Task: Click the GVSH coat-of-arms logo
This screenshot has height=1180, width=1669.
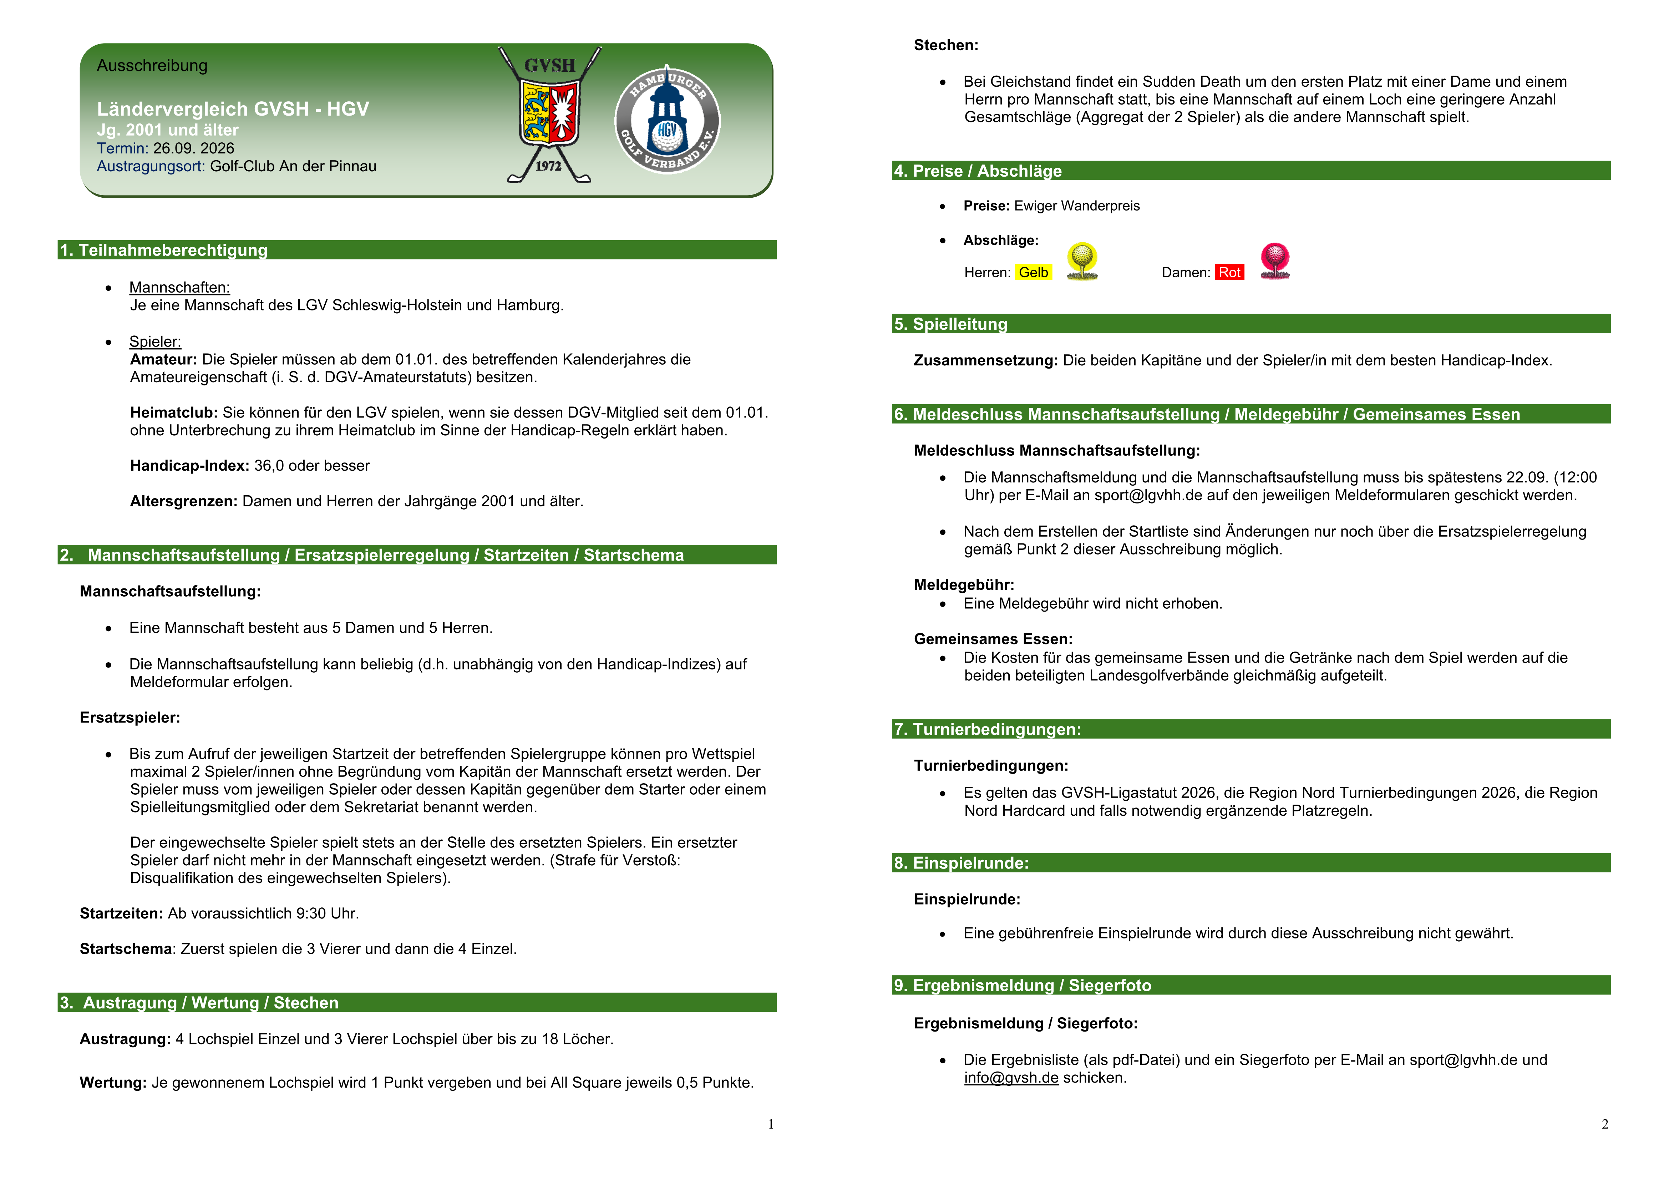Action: click(x=549, y=115)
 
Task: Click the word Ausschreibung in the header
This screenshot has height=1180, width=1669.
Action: click(x=152, y=65)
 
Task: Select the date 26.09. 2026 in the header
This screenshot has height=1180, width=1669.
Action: click(x=193, y=148)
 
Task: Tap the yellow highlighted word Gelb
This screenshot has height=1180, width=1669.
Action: click(x=1033, y=273)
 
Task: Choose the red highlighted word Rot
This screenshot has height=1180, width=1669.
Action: click(x=1229, y=273)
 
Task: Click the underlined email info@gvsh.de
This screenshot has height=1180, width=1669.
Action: click(x=1011, y=1078)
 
